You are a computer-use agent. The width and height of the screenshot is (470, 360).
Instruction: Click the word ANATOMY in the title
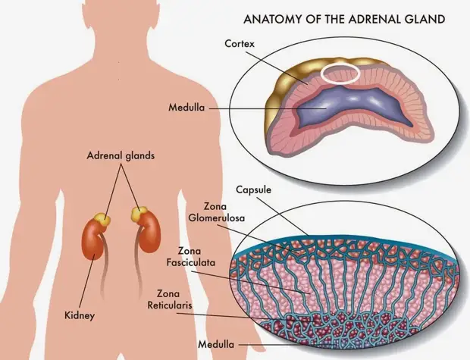[271, 19]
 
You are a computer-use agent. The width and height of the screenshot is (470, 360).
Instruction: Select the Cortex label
[240, 44]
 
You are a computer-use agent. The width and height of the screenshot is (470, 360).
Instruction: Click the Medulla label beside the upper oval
[186, 108]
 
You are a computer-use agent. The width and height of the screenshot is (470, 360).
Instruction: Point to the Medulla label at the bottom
[216, 344]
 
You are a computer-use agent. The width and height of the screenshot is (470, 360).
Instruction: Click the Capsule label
[254, 189]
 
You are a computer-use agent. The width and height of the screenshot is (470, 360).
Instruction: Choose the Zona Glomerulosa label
[216, 212]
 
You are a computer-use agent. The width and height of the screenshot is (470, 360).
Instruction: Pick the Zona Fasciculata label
[191, 257]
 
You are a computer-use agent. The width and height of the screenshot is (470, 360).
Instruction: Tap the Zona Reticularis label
[170, 299]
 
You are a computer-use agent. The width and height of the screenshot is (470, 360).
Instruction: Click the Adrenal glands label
[121, 155]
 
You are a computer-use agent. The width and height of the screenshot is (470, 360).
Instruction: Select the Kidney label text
[80, 315]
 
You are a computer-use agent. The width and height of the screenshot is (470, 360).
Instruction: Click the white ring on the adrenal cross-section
[340, 82]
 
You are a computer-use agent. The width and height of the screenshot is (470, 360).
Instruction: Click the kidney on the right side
[150, 233]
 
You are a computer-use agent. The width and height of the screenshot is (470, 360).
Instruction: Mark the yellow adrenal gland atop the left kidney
[102, 220]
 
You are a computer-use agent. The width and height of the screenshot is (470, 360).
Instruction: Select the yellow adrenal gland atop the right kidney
[139, 213]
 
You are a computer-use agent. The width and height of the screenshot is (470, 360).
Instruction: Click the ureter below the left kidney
[103, 267]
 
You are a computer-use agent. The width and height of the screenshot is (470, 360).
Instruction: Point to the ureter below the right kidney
[139, 264]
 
